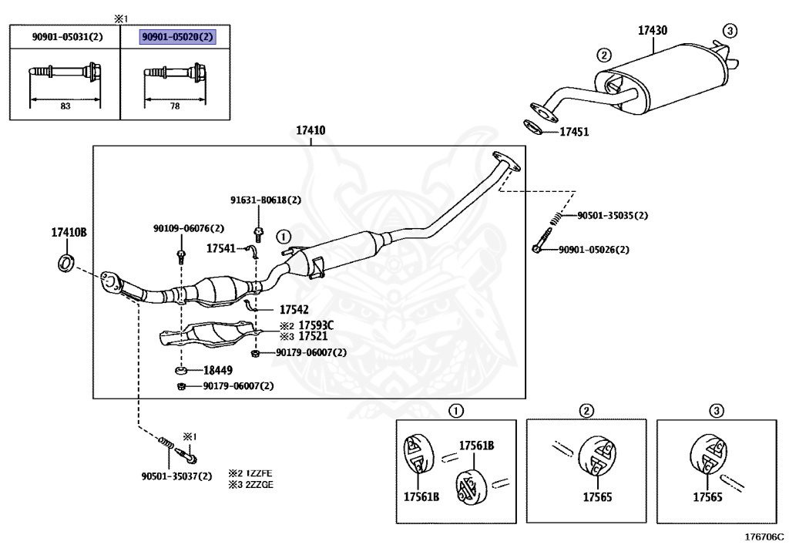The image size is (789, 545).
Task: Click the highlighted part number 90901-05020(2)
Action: (178, 37)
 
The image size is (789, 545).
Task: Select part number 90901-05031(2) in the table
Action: (68, 37)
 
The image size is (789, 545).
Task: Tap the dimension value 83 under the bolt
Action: (65, 106)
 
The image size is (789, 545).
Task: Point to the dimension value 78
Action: (175, 106)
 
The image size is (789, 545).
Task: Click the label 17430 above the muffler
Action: (653, 30)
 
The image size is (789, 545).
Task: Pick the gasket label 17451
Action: (574, 132)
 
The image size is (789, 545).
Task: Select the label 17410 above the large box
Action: (311, 130)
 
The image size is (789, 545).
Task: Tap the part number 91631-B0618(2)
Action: (266, 200)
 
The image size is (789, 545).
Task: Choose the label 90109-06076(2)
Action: (189, 228)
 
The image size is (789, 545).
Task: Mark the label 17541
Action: (221, 248)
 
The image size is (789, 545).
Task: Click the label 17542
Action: (294, 309)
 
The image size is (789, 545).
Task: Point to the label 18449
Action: (218, 370)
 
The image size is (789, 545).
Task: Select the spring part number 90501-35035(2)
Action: (613, 215)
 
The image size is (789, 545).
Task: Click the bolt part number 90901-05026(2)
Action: (594, 249)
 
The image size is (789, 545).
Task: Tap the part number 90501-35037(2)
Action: (176, 476)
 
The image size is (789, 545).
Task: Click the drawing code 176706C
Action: (764, 537)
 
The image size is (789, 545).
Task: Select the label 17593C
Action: (316, 325)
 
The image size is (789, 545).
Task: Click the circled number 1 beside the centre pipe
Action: (284, 237)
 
